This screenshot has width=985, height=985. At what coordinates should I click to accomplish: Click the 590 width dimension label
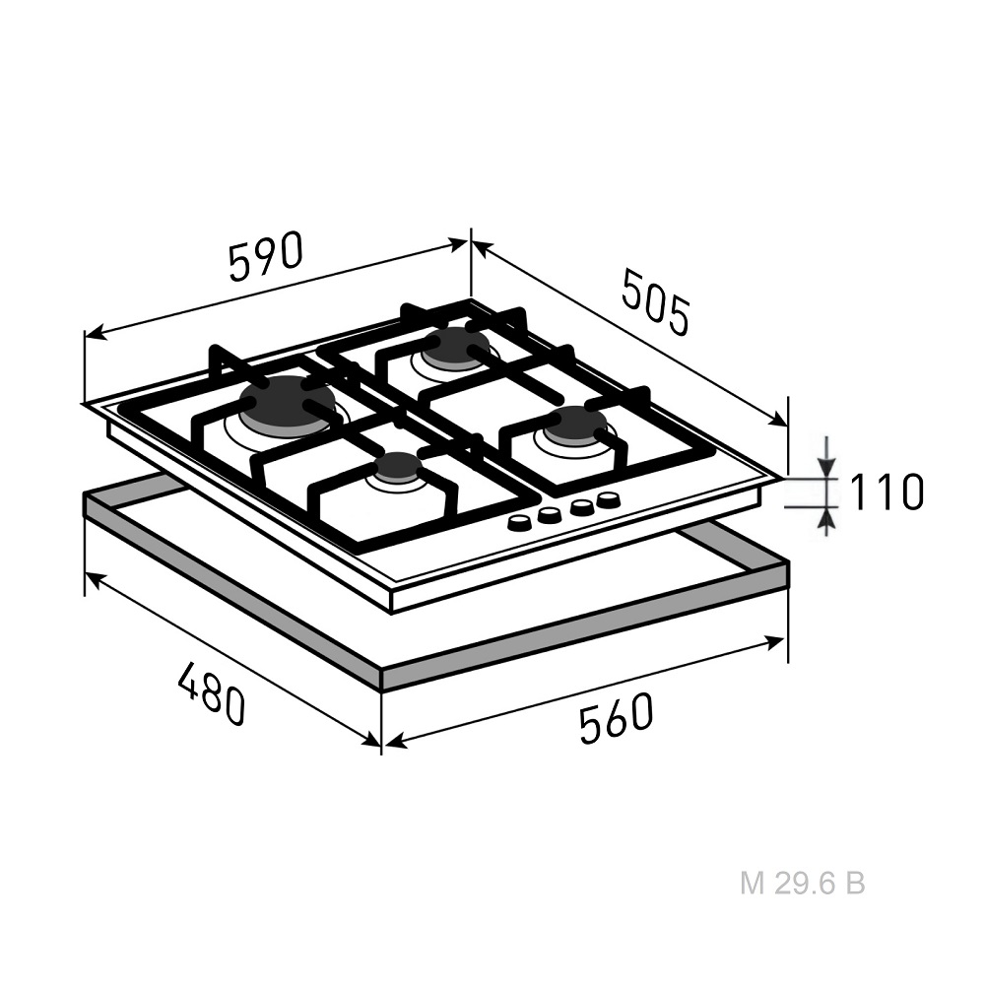pos(266,256)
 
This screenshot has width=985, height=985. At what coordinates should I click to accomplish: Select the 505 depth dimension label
pos(656,300)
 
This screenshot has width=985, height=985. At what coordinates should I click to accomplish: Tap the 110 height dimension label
pos(886,492)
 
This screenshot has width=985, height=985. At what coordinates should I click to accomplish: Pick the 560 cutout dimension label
pos(617,719)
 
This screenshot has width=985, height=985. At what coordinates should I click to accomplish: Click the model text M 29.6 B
pos(802,884)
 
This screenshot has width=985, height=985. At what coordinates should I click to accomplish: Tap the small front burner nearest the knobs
pos(396,469)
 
